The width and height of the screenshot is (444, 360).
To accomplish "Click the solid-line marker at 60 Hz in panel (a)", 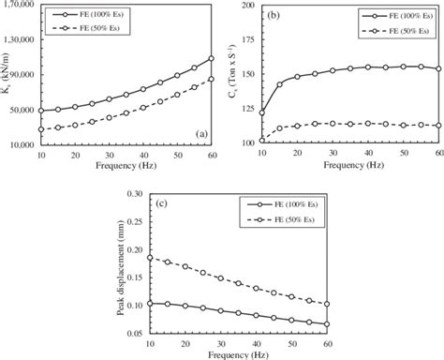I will point(211,58).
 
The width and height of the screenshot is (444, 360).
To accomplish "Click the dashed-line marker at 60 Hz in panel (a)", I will point(211,79).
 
